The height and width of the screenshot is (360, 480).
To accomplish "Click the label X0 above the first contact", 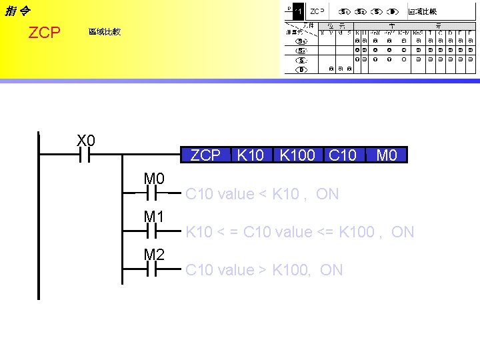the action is (x=86, y=141).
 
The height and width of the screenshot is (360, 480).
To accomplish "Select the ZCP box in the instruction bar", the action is (x=205, y=155).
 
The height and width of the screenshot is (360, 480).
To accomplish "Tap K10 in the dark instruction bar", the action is (x=251, y=155).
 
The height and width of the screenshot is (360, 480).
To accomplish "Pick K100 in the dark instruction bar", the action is (x=297, y=155).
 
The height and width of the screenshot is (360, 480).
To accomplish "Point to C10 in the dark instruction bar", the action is (x=343, y=155).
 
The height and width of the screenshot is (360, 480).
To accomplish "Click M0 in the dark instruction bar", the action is (x=387, y=155).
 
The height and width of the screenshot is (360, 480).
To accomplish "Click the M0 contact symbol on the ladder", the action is (x=151, y=194).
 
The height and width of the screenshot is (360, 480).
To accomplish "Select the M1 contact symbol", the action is (x=151, y=232).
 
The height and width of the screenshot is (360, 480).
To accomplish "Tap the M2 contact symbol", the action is (x=151, y=270).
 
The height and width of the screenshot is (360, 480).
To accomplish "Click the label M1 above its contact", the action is (x=154, y=217).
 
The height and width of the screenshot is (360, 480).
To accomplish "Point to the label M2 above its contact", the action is (x=154, y=255).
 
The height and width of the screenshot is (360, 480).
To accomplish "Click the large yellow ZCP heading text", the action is (x=45, y=33).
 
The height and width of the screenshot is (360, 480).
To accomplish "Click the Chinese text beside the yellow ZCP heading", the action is (x=105, y=32).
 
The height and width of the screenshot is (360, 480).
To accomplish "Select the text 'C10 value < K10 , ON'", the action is (x=262, y=194).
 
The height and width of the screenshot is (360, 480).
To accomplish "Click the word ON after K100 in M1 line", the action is (x=403, y=232).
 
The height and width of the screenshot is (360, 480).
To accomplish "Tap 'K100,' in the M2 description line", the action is (x=295, y=270).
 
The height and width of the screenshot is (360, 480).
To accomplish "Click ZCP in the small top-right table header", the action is (x=317, y=11).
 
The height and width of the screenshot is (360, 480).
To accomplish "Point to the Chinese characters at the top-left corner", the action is (x=17, y=11).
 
